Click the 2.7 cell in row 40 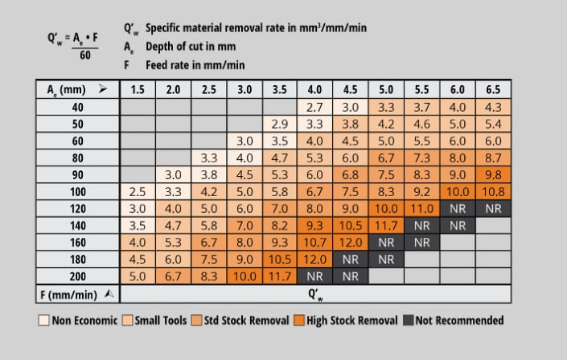pos(314,106)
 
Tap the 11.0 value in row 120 pos(421,208)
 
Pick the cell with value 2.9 pos(280,124)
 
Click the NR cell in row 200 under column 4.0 pos(314,276)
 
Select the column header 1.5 pos(138,89)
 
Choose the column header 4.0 pos(314,89)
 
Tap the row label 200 pos(77,276)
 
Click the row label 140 pos(77,225)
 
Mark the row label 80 pos(77,157)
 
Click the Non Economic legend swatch pos(44,321)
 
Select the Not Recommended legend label pos(459,321)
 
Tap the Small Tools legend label pos(160,321)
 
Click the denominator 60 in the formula pos(85,55)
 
